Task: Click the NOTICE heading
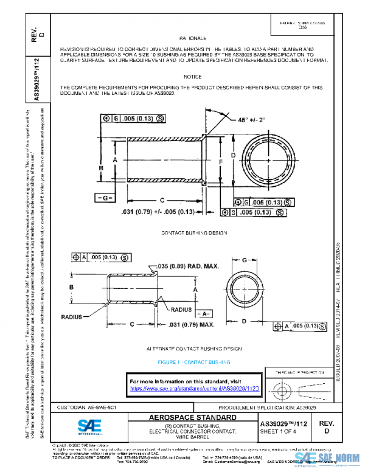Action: point(192,77)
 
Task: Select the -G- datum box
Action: point(105,198)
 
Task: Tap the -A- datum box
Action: point(204,313)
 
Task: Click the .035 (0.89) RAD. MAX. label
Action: point(187,266)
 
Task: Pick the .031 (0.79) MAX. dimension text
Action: point(192,324)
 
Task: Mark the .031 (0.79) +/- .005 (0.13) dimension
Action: point(158,212)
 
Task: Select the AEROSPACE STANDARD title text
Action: point(192,418)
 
